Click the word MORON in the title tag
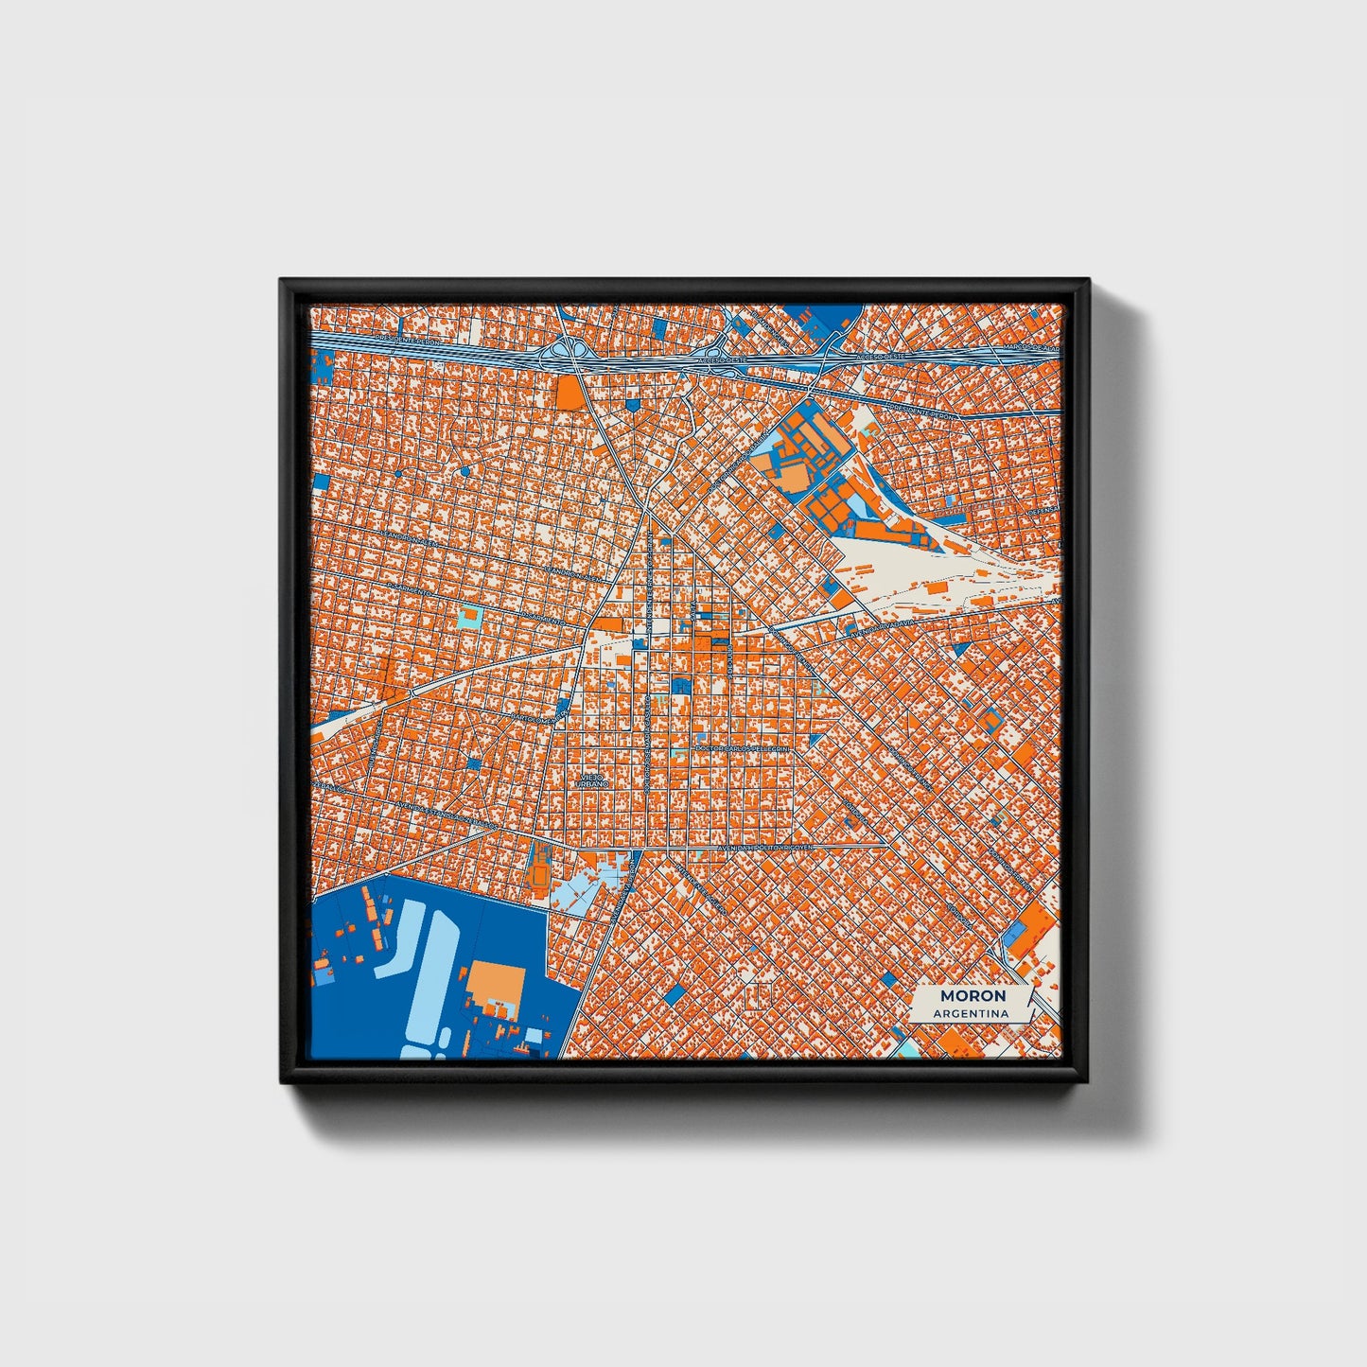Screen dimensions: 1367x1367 [x=973, y=996]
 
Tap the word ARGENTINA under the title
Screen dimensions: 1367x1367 [x=971, y=1014]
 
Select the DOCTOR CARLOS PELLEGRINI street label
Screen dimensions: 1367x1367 [x=742, y=748]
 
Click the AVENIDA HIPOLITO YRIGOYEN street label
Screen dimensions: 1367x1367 [x=767, y=849]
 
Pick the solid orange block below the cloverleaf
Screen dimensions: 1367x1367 [x=570, y=393]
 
